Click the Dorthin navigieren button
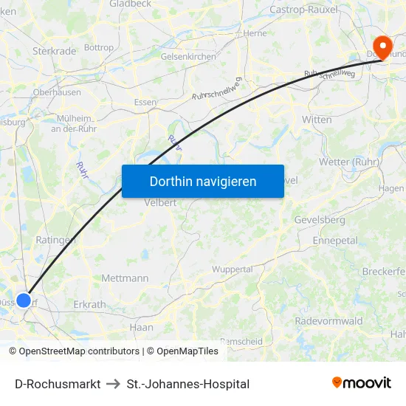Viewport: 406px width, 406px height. click(203, 181)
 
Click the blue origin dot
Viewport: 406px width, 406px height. click(24, 300)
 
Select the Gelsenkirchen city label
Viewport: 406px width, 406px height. click(187, 57)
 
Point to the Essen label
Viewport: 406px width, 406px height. click(145, 102)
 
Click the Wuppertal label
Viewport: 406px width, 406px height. click(232, 269)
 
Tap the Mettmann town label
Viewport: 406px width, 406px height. click(125, 278)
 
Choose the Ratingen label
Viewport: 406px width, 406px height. click(55, 240)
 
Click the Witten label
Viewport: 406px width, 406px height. click(317, 119)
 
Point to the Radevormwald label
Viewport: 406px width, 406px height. click(328, 321)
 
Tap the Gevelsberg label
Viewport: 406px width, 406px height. click(319, 220)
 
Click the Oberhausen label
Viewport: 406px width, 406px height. click(57, 92)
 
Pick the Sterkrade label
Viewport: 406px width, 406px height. click(54, 51)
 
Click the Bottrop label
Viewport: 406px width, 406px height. click(99, 47)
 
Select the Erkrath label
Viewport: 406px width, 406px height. click(89, 304)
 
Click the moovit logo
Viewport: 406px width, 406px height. click(361, 383)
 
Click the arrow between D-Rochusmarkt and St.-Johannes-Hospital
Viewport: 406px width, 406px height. click(114, 384)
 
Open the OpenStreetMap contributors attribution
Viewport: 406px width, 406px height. click(79, 351)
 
